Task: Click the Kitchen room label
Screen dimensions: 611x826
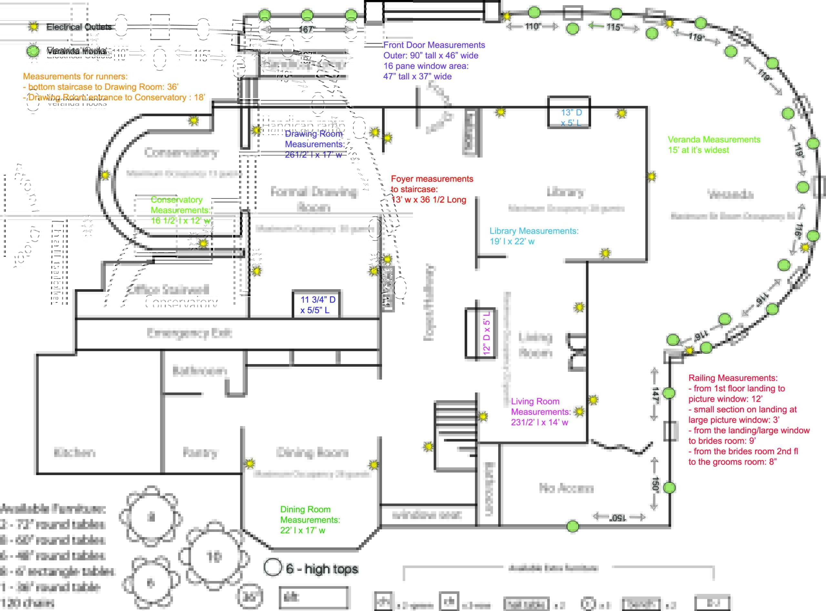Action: [75, 452]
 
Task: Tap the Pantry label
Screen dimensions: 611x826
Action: [200, 452]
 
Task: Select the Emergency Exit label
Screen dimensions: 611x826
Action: [189, 333]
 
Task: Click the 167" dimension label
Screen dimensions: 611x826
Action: [307, 29]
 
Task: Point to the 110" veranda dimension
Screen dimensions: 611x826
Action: [533, 26]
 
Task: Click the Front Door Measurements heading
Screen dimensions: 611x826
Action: [434, 45]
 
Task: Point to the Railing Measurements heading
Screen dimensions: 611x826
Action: [732, 378]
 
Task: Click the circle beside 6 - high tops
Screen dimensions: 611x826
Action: [273, 567]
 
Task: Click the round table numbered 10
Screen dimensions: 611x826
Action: [214, 556]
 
